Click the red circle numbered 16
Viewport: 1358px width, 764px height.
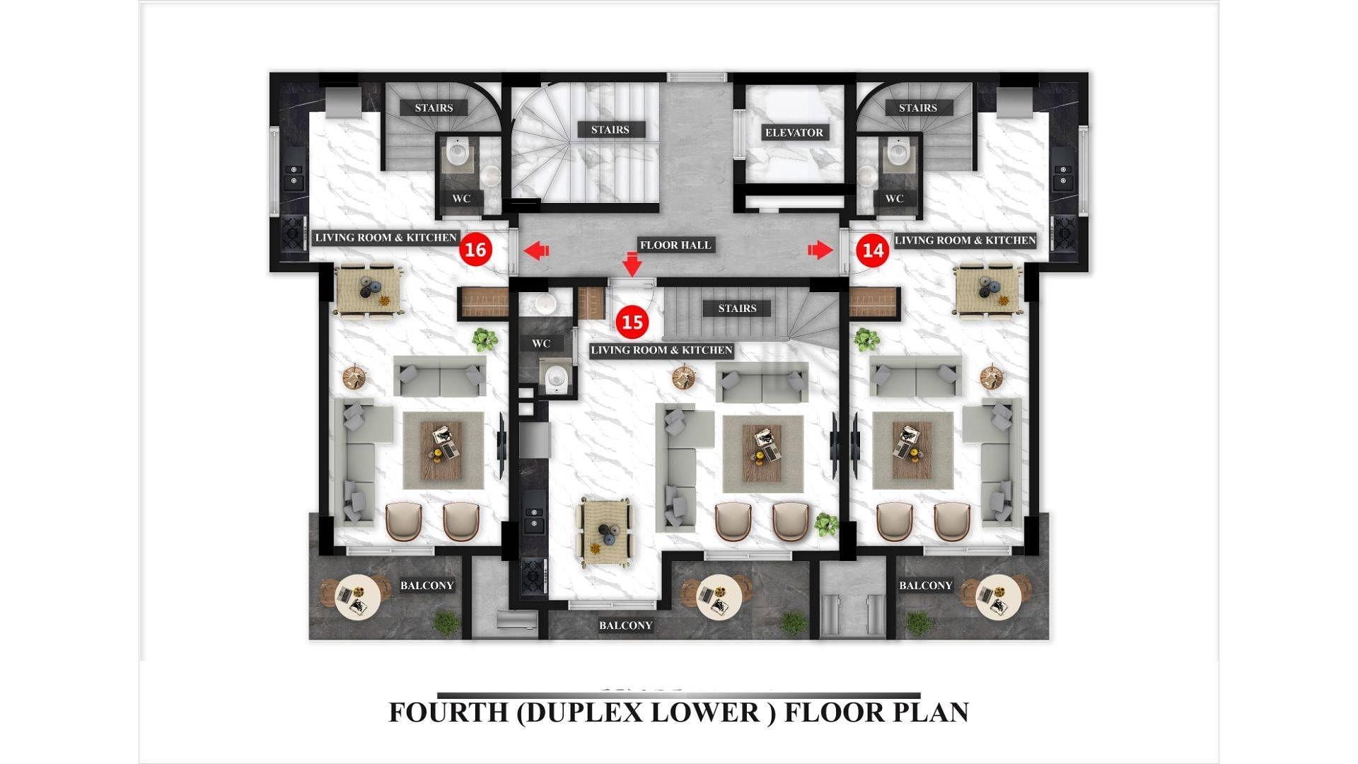point(475,249)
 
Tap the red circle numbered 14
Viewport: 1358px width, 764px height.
point(873,250)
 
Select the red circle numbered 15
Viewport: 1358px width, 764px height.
point(632,322)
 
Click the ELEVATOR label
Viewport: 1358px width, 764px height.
point(794,132)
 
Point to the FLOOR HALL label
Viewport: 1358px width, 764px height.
point(675,245)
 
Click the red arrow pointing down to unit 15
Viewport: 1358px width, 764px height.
point(632,264)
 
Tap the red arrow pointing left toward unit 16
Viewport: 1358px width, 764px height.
point(536,250)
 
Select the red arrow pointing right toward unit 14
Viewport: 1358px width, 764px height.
point(820,250)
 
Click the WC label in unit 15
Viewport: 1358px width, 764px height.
point(541,344)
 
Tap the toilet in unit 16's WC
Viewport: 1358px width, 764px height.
point(458,152)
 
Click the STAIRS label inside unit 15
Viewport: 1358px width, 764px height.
point(737,308)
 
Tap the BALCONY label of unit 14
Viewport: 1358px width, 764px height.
point(926,585)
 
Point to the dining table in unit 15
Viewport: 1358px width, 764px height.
point(605,532)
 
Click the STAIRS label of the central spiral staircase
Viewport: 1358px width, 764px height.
point(610,129)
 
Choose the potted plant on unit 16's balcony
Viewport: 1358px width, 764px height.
point(446,624)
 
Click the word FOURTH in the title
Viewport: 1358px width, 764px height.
point(448,712)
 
